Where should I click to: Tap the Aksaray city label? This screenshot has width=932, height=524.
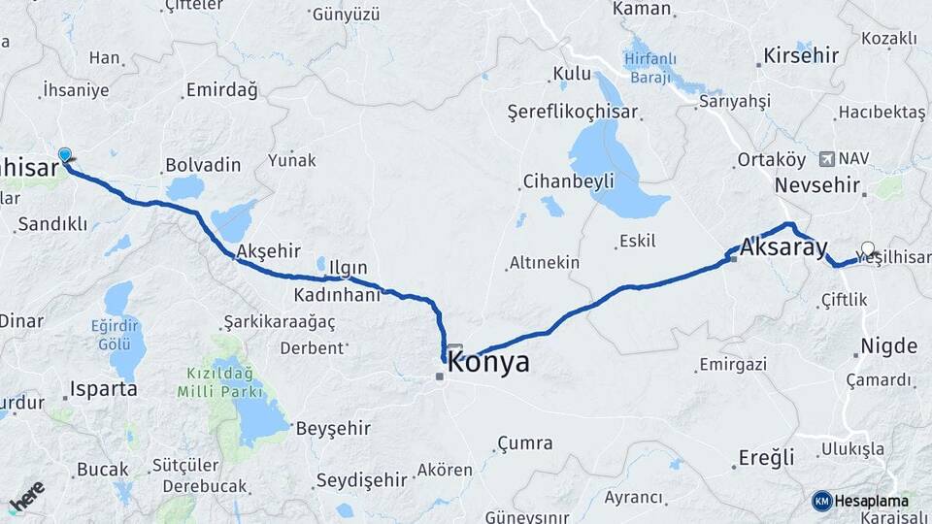point(782,247)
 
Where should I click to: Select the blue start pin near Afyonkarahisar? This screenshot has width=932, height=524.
point(65,155)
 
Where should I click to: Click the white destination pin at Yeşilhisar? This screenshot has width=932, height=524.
point(867,248)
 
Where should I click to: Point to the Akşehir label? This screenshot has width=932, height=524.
point(269,249)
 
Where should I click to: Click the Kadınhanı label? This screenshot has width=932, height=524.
point(337,295)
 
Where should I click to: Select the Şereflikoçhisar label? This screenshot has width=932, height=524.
point(573,112)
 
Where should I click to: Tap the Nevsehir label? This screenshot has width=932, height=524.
point(819,184)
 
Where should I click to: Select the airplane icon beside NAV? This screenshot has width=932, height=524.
point(826,158)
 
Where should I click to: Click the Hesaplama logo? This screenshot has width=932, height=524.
point(861,501)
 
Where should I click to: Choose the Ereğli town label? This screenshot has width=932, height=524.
point(766,457)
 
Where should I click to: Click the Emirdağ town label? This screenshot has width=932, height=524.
point(221,91)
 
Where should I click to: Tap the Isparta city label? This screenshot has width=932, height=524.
point(103,389)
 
